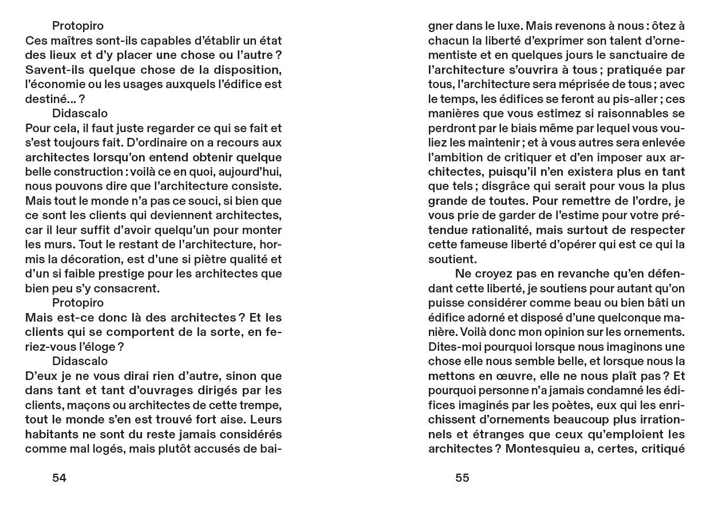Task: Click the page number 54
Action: [x=60, y=478]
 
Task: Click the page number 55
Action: [x=463, y=478]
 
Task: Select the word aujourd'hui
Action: [x=249, y=172]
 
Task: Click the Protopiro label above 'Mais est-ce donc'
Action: [x=78, y=303]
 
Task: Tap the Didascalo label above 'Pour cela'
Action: [x=80, y=113]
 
